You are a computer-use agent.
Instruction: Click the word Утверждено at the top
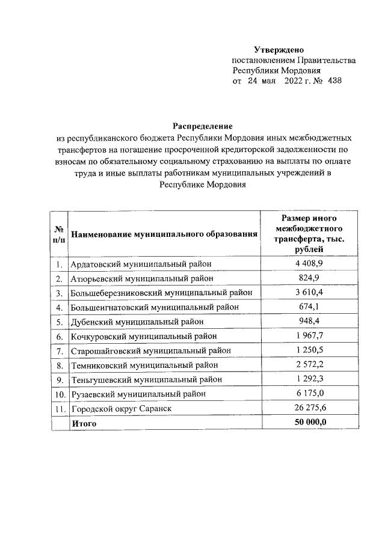(x=280, y=49)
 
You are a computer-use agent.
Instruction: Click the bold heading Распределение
(x=203, y=126)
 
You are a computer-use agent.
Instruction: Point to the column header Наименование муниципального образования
(x=164, y=234)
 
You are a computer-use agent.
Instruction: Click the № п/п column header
(x=60, y=234)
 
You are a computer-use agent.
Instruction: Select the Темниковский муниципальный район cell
(x=144, y=365)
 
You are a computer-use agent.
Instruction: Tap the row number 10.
(x=60, y=394)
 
